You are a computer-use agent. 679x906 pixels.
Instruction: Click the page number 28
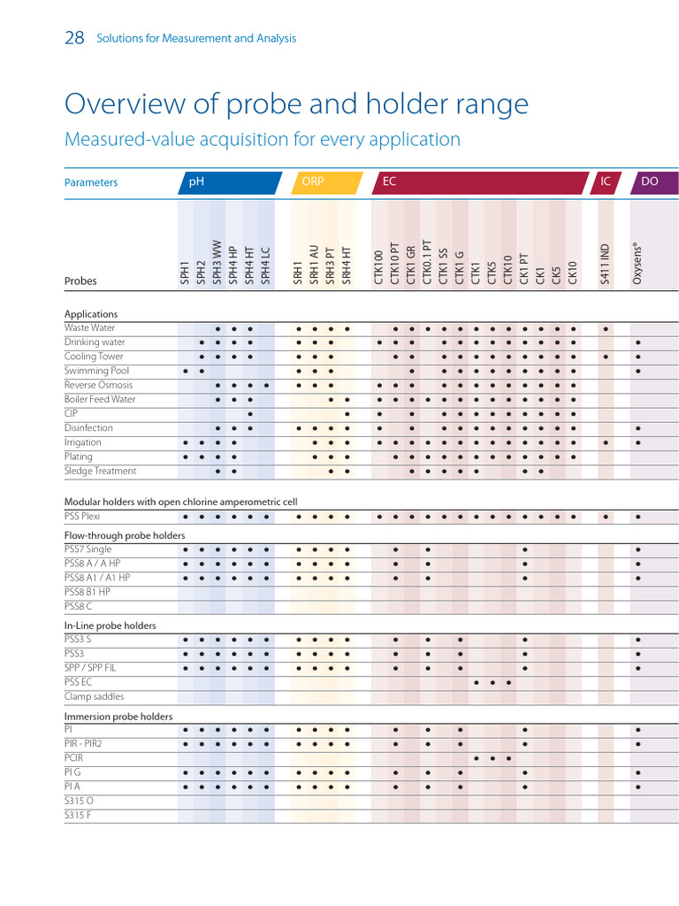pos(74,38)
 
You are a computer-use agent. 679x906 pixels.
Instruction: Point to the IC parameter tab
pos(606,182)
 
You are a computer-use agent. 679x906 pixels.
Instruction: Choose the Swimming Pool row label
pos(96,371)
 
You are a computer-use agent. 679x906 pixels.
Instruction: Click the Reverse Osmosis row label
pos(98,385)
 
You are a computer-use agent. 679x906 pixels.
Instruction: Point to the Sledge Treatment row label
pos(100,471)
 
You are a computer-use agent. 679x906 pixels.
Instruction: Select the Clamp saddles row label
pos(94,696)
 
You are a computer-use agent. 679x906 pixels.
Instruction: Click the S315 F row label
pos(78,815)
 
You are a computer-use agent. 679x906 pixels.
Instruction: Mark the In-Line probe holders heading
pos(110,626)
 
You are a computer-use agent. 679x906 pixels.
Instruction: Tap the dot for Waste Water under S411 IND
pos(606,328)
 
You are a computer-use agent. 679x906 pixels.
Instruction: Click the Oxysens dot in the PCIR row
pos(637,758)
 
